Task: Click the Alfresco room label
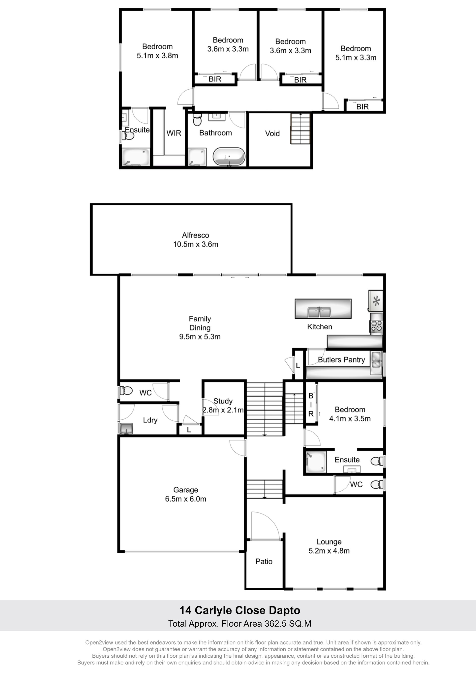coord(195,235)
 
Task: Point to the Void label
coord(272,134)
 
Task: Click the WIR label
coord(174,133)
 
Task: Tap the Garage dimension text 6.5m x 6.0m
coord(186,499)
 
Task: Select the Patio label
coord(264,561)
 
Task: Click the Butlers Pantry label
coord(341,360)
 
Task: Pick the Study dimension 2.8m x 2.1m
coord(223,410)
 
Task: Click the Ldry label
coord(150,420)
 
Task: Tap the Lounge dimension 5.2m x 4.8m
coord(329,551)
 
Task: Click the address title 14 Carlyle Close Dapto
coord(240,610)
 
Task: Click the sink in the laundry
coord(126,429)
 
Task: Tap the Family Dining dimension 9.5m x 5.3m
coord(200,337)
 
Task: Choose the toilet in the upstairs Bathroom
coord(197,120)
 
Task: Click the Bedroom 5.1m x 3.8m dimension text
coord(157,56)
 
